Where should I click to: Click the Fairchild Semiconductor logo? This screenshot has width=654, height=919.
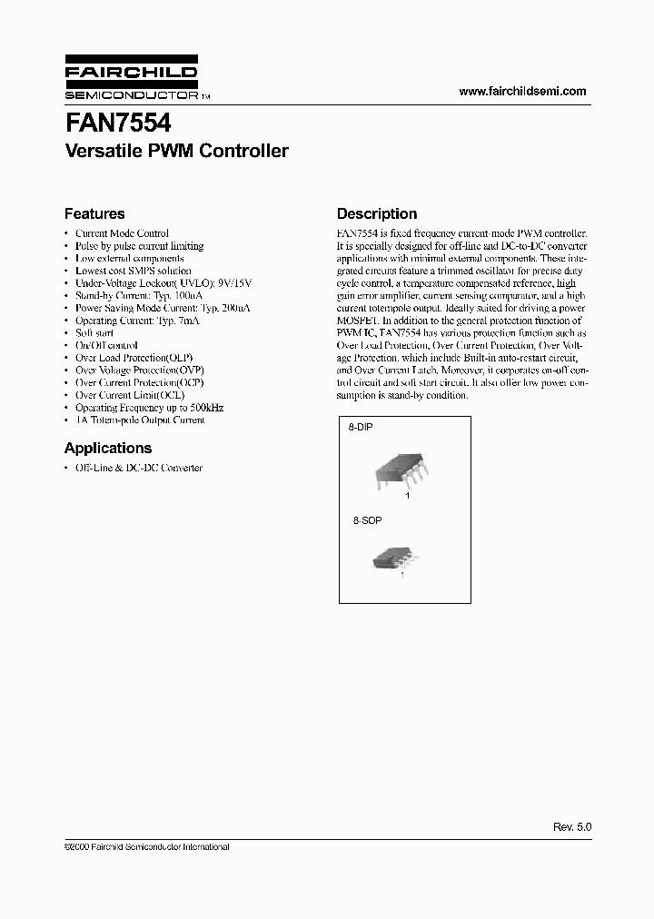point(131,82)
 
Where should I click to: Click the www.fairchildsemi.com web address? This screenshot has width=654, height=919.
point(522,92)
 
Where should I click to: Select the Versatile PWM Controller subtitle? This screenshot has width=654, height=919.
point(176,152)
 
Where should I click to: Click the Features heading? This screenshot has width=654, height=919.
point(94,214)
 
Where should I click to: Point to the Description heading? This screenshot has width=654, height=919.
point(377,214)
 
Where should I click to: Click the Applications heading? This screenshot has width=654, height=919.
point(107,448)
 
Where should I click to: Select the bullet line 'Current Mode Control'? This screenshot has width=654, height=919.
point(122,233)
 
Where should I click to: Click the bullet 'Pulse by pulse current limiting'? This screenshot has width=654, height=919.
point(139,246)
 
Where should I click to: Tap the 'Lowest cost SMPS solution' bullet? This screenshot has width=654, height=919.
point(133,271)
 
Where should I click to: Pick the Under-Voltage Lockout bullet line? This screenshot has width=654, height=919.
point(154,283)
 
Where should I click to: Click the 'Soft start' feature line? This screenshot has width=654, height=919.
point(94,333)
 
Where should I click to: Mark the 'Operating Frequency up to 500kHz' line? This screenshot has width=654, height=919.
point(149,408)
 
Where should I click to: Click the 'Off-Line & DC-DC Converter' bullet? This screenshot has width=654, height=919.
point(138,468)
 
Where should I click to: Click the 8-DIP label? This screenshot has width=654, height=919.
point(362,426)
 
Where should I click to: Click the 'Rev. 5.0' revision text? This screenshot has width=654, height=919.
point(571,828)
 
